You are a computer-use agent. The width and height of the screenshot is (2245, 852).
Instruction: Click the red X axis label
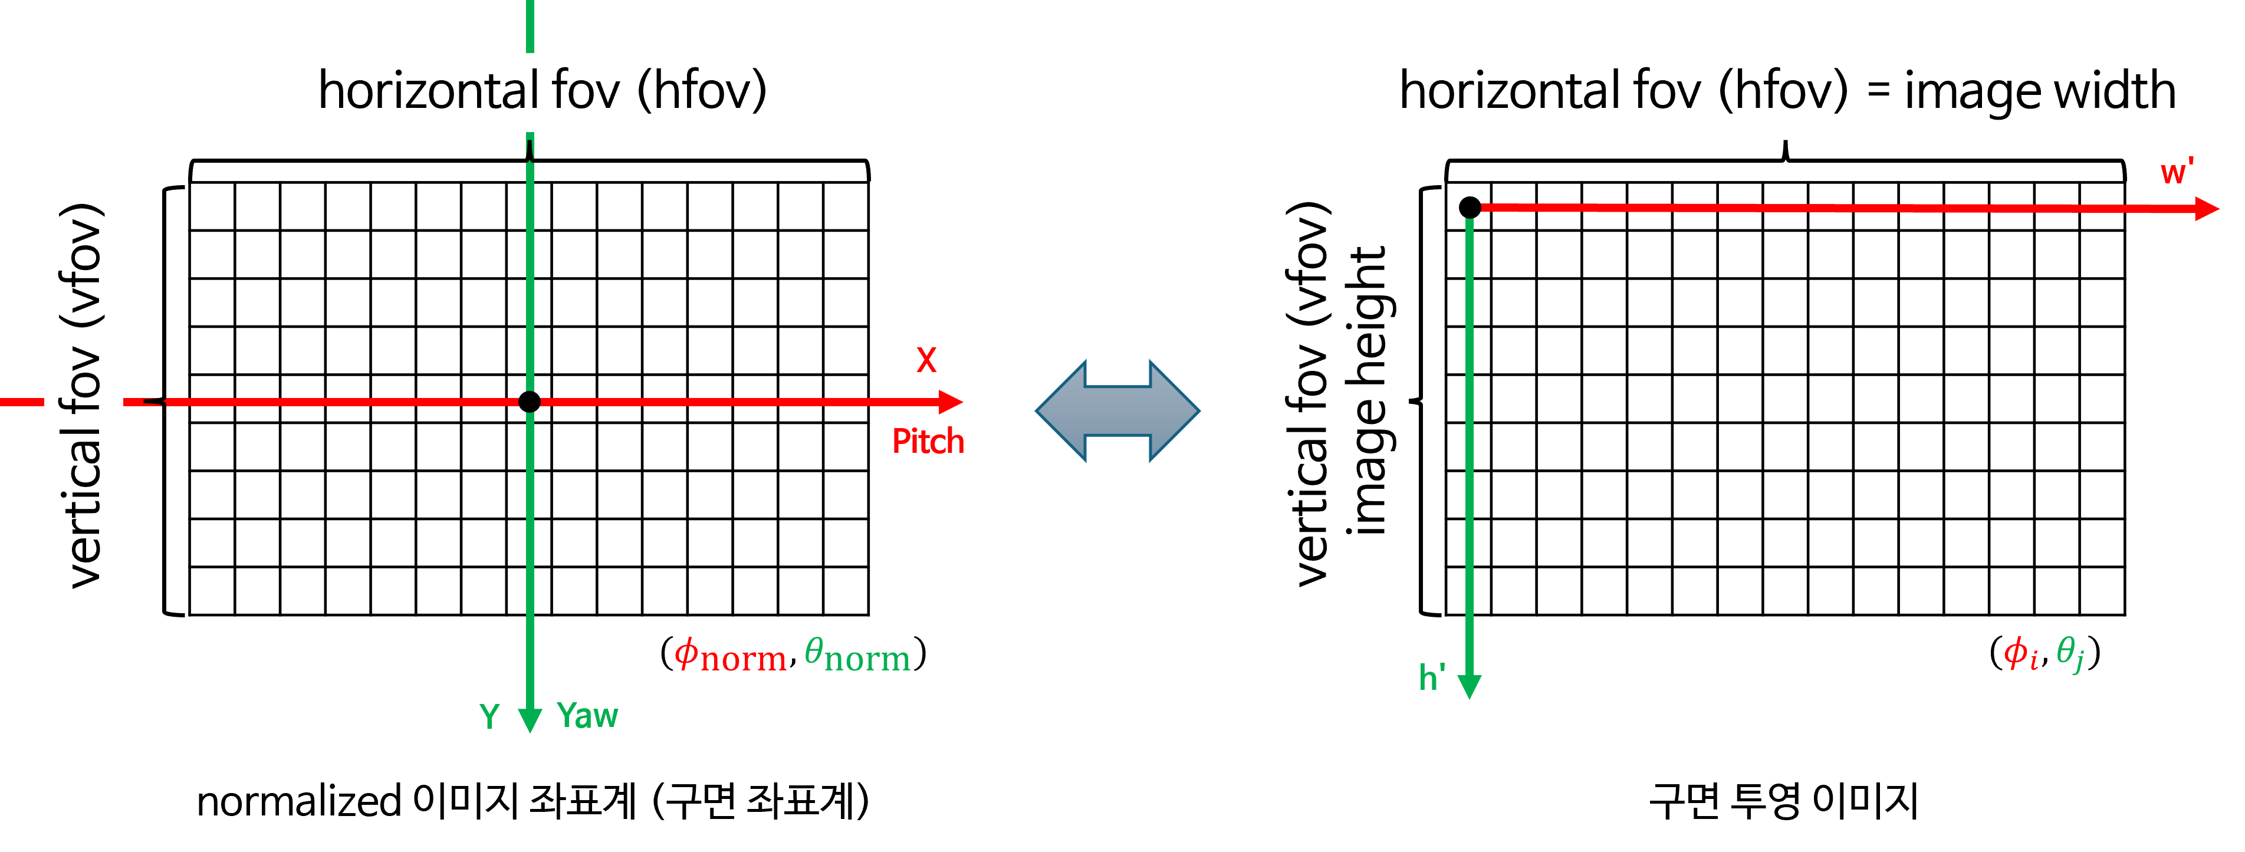926,360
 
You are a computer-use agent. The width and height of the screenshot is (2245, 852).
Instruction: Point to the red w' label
2176,172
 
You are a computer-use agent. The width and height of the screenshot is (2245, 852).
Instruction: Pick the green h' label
1432,677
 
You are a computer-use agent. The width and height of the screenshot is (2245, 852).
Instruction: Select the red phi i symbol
2020,653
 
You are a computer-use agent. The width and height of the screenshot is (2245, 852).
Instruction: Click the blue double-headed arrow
1117,410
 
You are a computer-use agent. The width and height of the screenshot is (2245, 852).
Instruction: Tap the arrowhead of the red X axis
952,402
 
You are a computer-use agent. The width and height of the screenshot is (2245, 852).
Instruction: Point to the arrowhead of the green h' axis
1470,686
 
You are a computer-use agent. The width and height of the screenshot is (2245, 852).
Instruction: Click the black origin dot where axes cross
529,402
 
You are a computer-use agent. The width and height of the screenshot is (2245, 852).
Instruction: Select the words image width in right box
2039,91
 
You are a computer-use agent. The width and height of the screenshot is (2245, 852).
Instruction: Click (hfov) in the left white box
702,91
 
